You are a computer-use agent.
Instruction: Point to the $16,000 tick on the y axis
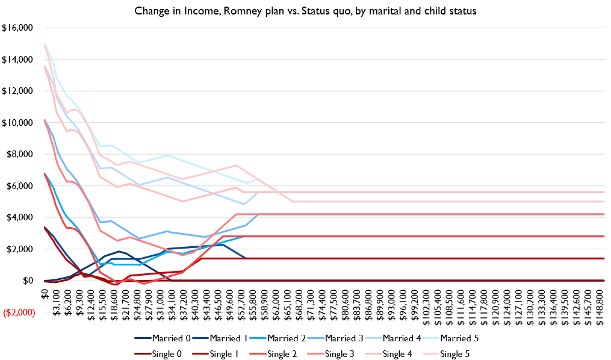18,28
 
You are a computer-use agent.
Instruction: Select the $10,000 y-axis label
18,123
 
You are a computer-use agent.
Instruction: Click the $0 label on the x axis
44,293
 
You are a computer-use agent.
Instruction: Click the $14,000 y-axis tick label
18,60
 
